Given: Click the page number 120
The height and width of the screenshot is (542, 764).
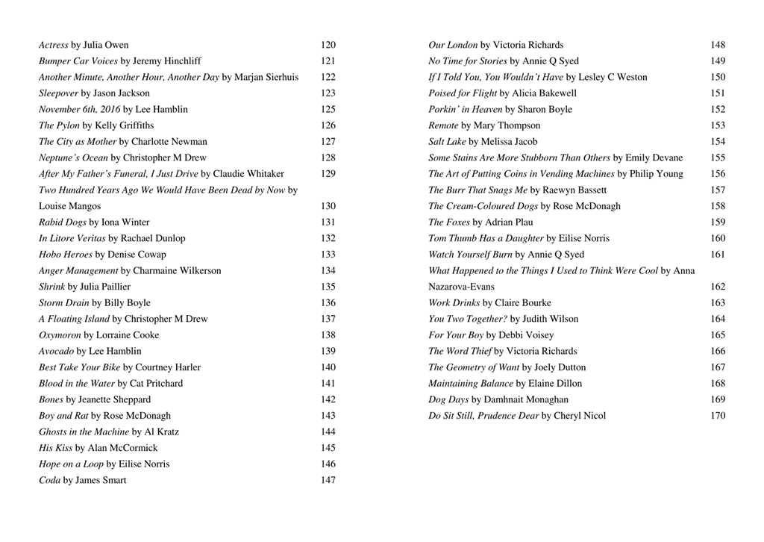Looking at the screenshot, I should tap(328, 45).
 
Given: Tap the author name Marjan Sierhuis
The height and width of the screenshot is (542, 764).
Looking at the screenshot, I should tap(267, 77).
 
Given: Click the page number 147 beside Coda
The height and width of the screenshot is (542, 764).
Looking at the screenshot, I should tap(328, 480).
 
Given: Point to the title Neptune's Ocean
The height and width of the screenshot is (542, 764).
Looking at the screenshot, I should tap(74, 158).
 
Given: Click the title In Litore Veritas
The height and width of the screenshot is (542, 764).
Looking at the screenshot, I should tap(72, 238).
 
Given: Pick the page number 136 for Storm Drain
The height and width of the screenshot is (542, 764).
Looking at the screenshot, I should tap(328, 302).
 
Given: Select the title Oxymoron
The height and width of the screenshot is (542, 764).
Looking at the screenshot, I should tap(60, 335).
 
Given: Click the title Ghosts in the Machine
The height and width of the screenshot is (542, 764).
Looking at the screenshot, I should tap(84, 432).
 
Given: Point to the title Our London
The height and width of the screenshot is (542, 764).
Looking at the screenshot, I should tap(453, 45).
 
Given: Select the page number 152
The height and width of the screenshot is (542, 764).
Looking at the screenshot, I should tap(718, 109).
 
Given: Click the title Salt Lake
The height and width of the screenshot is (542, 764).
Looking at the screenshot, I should tap(447, 141).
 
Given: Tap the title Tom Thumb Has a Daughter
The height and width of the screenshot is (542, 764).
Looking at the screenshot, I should tap(486, 238).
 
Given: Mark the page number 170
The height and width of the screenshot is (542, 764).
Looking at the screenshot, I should tap(718, 415).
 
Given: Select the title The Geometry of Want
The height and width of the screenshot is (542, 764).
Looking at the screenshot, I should tap(474, 367).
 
